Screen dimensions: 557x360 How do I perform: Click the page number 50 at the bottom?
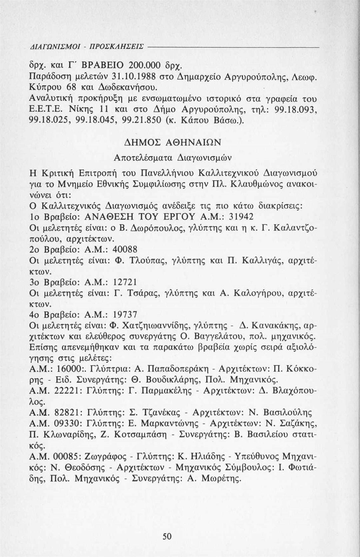167,536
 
